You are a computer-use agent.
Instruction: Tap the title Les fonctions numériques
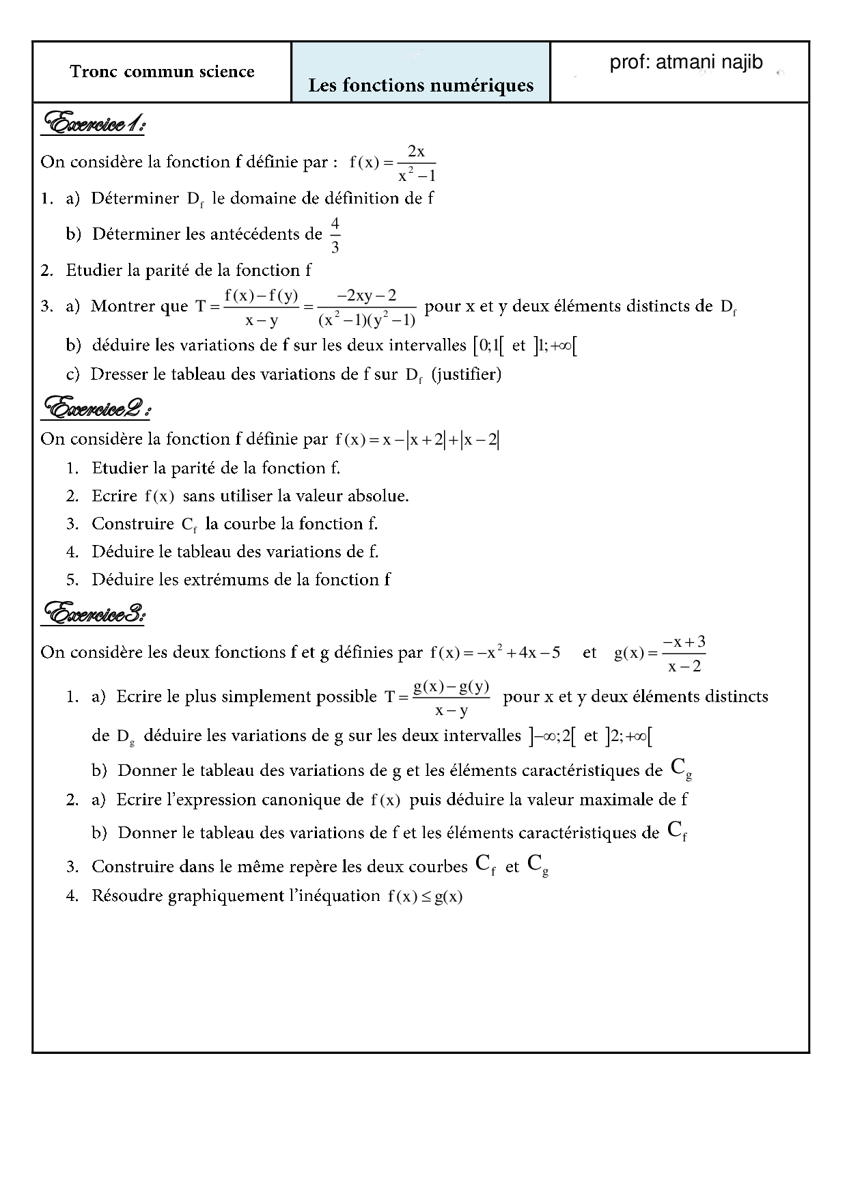tap(421, 85)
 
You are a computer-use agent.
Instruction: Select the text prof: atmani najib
tap(686, 63)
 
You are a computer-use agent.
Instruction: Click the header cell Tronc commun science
tap(162, 72)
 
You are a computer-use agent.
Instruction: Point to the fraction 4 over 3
tap(335, 235)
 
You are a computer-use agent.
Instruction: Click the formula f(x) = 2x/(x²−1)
tap(393, 163)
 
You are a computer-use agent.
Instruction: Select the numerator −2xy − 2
tap(367, 295)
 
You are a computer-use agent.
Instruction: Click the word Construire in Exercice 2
tap(133, 524)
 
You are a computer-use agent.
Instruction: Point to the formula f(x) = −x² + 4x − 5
tap(495, 652)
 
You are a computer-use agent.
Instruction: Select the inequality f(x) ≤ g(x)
tap(425, 896)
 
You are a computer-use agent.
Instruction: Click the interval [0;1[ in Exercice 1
tap(488, 346)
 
